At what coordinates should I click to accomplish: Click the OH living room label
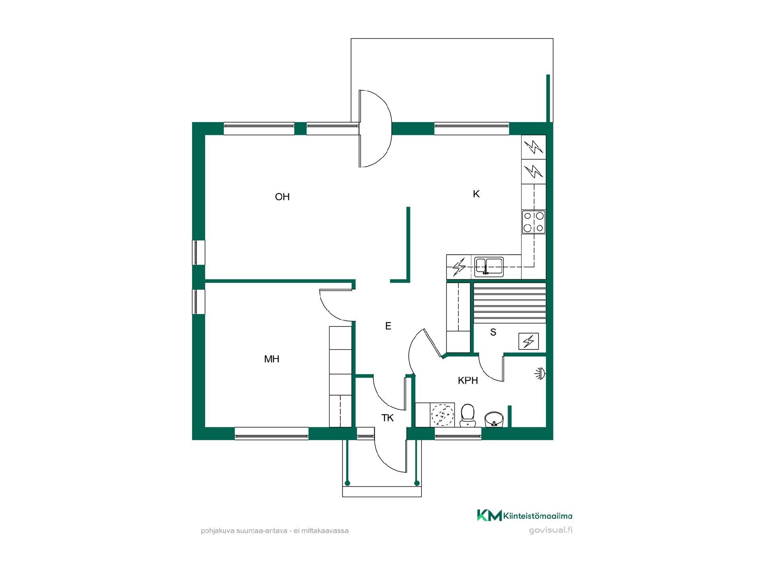[282, 197]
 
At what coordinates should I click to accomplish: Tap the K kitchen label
[476, 194]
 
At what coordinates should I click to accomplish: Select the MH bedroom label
[272, 359]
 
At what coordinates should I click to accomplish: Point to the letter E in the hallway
[388, 326]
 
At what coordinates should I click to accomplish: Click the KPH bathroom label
[468, 380]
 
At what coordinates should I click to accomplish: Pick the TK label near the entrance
[388, 418]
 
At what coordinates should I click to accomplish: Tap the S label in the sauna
[493, 332]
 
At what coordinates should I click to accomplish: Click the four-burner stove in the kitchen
[534, 222]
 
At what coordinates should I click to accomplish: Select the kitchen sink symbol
[489, 267]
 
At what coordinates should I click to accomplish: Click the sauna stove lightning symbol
[529, 341]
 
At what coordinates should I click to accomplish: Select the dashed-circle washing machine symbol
[443, 415]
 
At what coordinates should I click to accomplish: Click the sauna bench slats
[509, 303]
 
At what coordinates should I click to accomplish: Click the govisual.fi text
[551, 530]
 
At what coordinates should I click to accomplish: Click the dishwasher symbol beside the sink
[459, 267]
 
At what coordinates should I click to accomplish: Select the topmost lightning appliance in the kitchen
[534, 148]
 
